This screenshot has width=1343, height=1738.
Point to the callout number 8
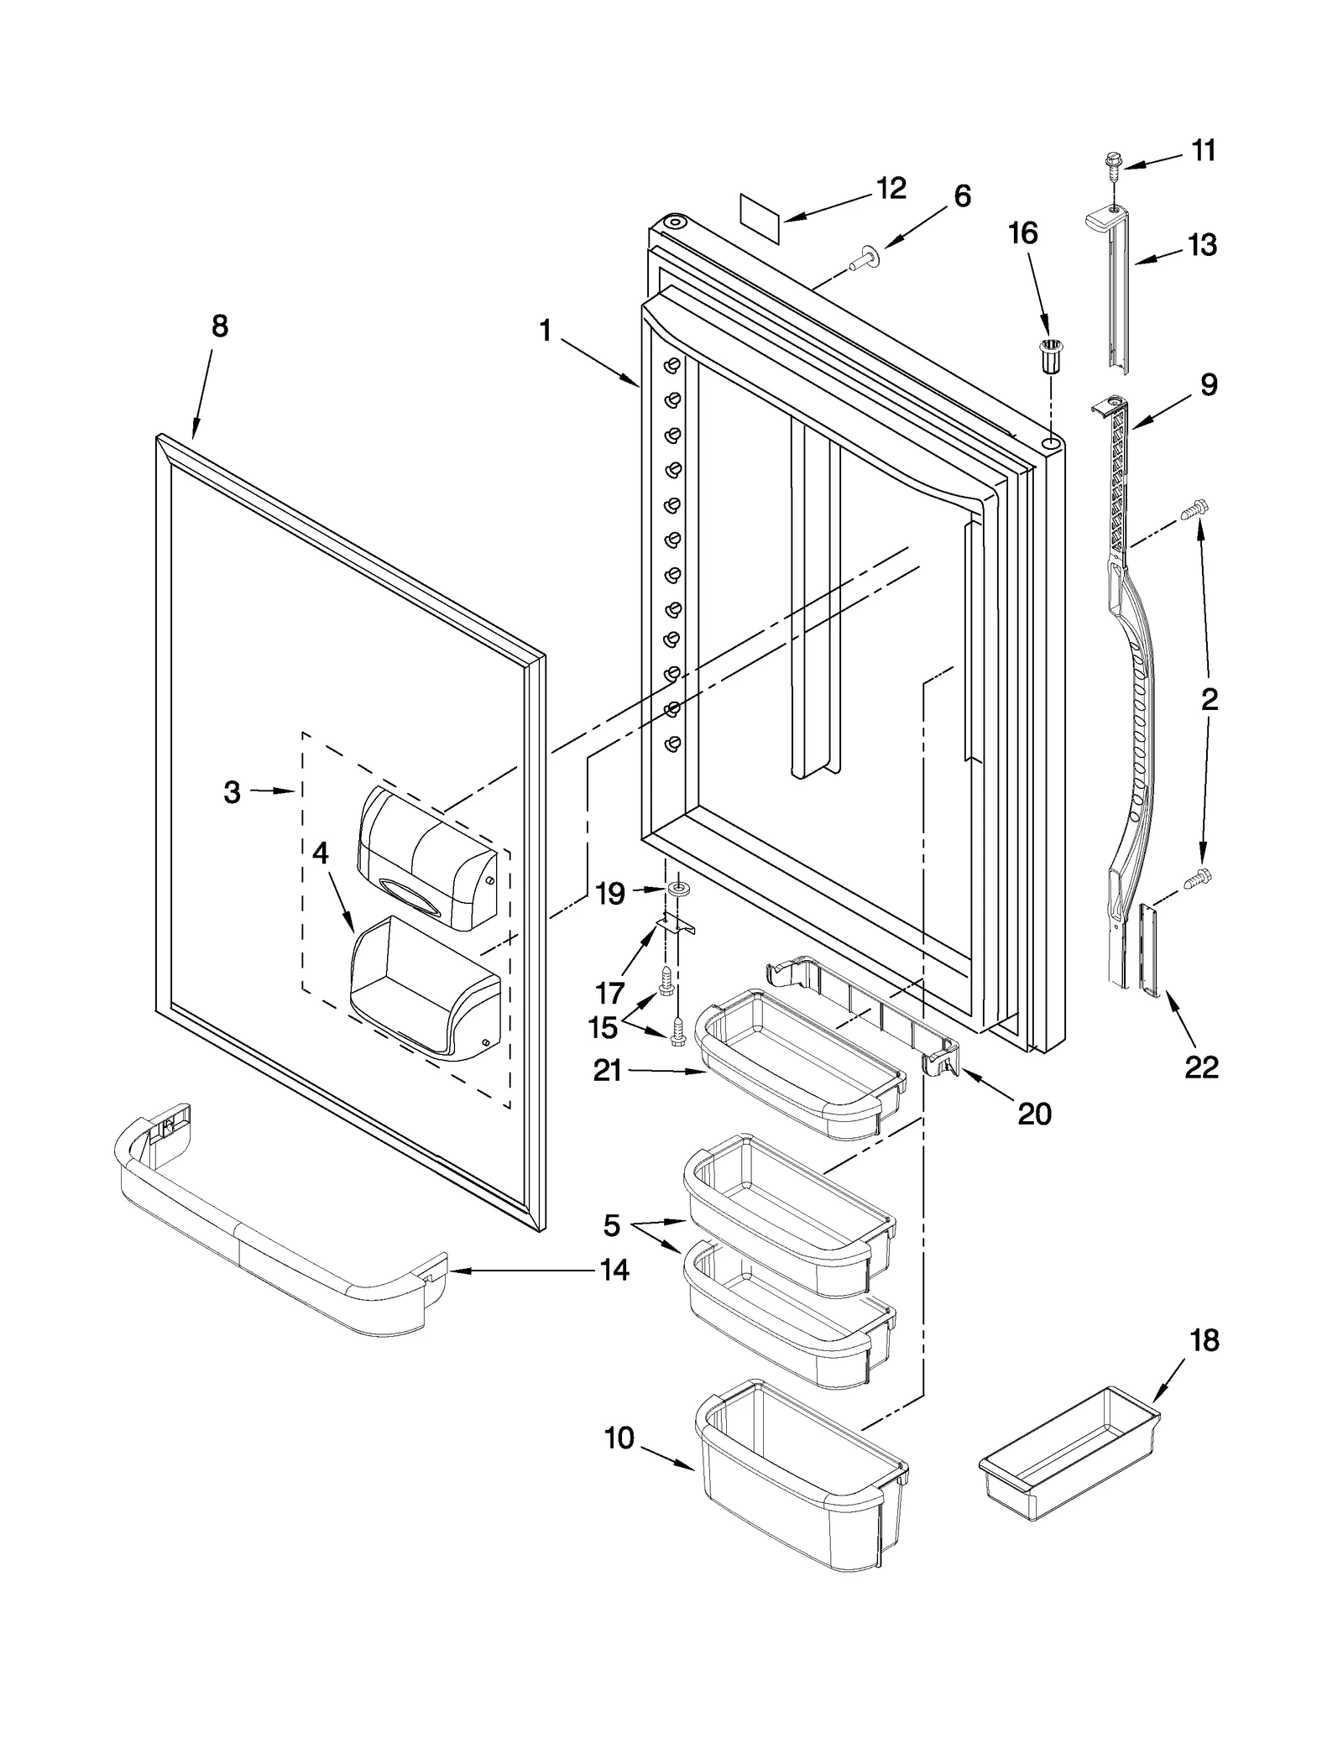pos(219,326)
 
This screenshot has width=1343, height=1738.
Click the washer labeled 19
pos(676,889)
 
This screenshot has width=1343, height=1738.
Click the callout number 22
pos(1201,1067)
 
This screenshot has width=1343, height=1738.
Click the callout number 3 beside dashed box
pos(233,791)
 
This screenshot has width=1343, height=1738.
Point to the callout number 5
pos(612,1226)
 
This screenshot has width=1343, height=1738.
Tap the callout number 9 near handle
pos(1208,384)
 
